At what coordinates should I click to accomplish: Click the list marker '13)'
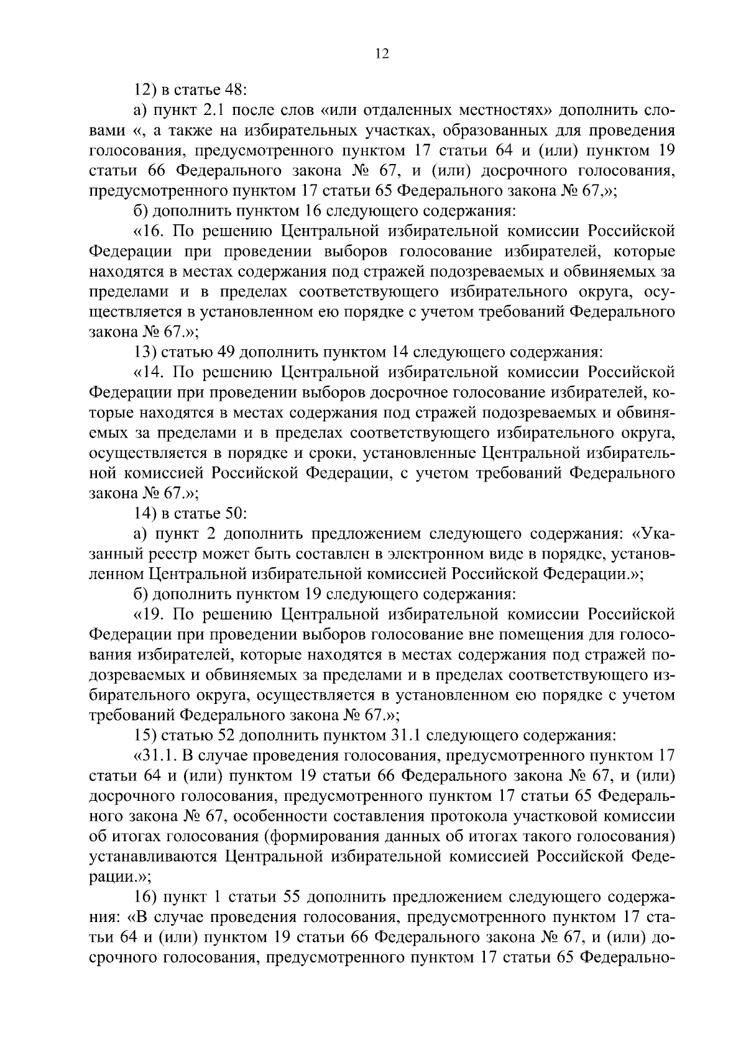click(x=145, y=353)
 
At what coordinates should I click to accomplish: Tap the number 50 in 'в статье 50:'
click(x=236, y=514)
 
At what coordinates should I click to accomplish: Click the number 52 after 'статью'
click(x=224, y=736)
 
